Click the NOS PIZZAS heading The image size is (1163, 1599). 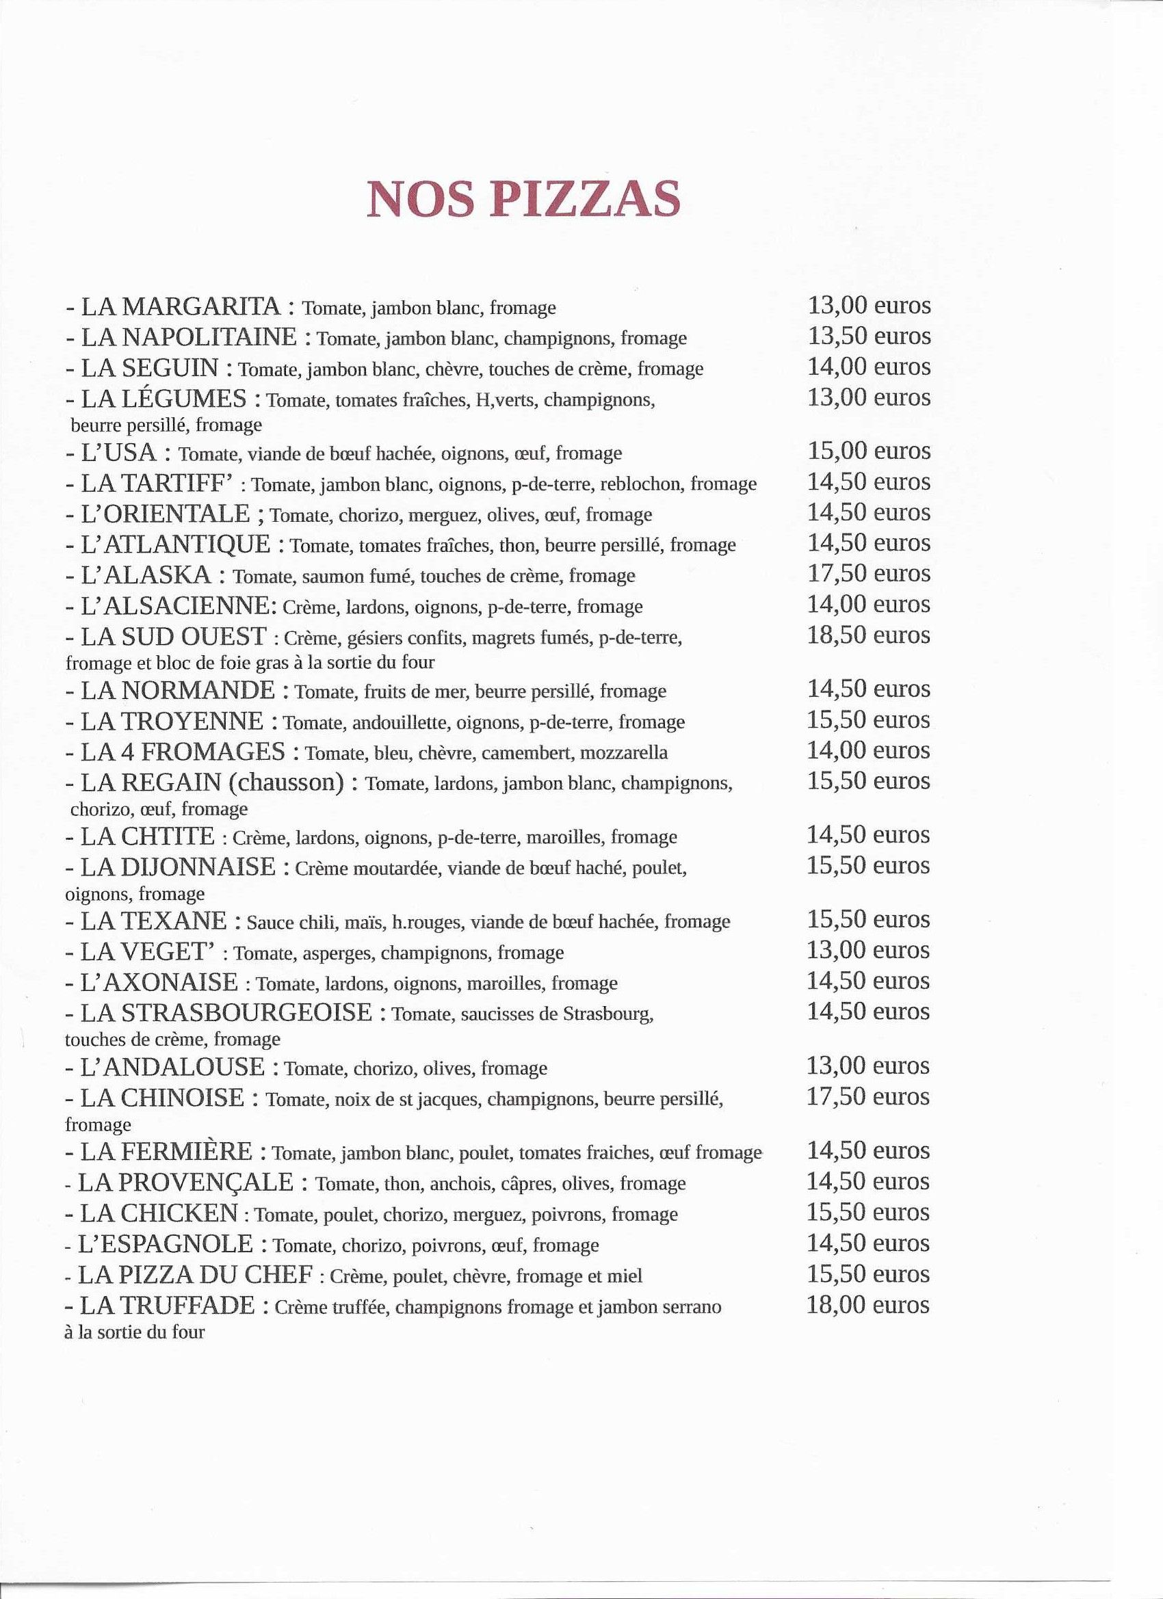tap(523, 200)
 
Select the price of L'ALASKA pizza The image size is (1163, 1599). tap(868, 574)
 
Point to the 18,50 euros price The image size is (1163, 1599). tap(868, 635)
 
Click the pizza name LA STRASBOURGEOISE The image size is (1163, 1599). tap(226, 1013)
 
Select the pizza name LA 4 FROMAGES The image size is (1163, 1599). tap(183, 751)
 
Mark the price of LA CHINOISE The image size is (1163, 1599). tap(867, 1098)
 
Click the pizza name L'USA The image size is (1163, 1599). tap(121, 451)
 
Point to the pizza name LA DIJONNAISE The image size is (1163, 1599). tap(178, 866)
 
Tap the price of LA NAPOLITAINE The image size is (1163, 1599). tap(868, 336)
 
